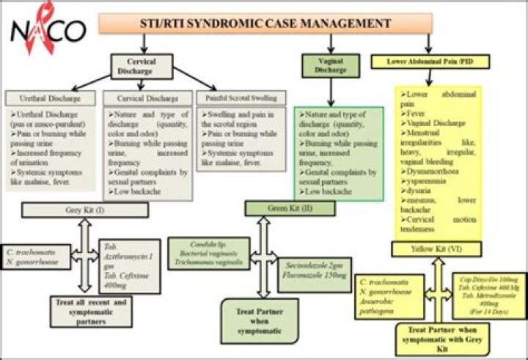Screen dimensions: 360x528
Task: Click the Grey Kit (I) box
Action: click(x=85, y=210)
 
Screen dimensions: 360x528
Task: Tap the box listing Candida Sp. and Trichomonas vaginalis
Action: click(x=208, y=251)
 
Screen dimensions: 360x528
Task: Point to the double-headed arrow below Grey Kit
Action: click(x=84, y=254)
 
